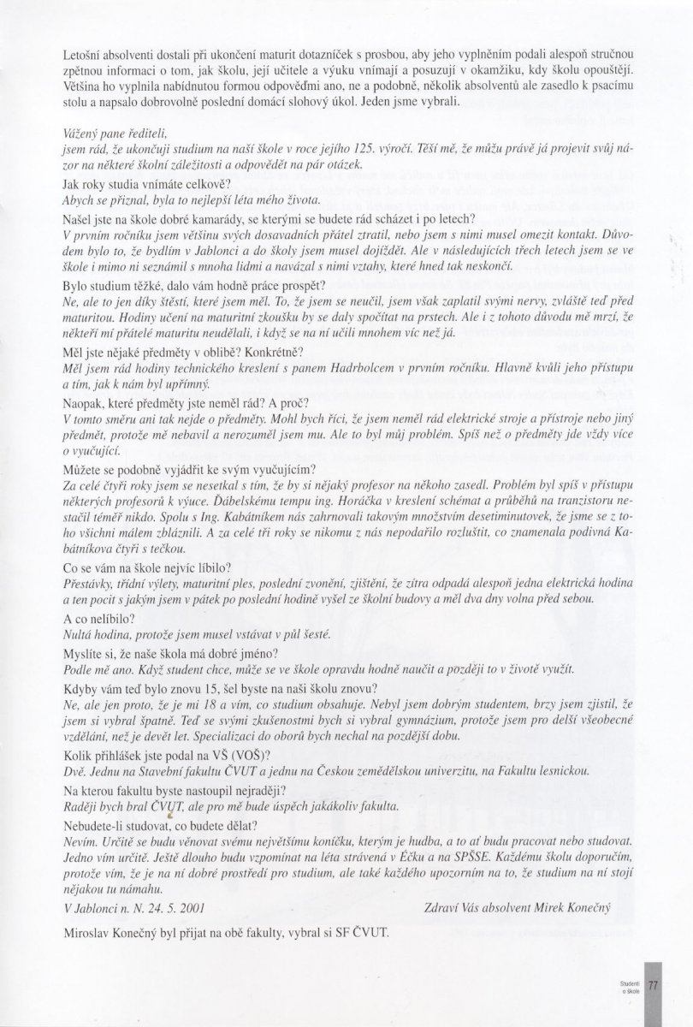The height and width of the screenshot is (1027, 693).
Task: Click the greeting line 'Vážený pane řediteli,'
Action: coord(115,134)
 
